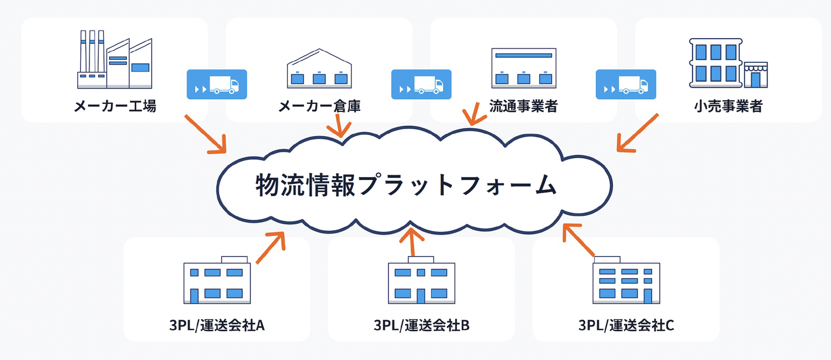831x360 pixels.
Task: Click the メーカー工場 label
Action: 115,106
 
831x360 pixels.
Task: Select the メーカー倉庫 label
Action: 319,106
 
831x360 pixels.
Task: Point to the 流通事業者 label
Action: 523,106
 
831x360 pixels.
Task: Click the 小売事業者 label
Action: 728,106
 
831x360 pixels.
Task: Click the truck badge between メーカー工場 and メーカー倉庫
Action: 217,84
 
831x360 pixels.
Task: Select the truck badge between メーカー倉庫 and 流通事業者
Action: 421,84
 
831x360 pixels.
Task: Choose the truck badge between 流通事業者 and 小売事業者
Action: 626,84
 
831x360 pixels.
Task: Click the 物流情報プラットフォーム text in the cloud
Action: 406,185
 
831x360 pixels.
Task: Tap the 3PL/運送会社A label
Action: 217,325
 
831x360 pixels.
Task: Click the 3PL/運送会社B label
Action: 421,325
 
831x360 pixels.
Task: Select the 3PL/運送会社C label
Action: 626,325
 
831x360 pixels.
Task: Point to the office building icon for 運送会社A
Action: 217,280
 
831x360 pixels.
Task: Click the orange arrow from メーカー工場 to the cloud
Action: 205,134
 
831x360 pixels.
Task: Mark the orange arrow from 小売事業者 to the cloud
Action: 637,133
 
